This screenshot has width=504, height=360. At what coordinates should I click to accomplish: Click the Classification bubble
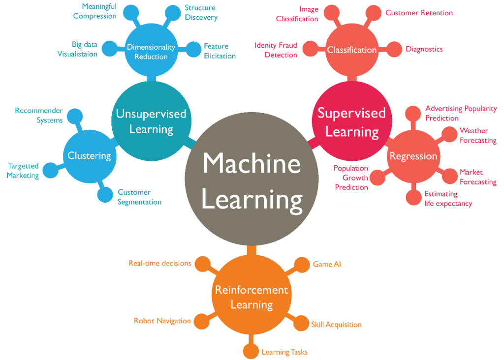click(351, 50)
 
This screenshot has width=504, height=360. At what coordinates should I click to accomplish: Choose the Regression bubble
click(413, 156)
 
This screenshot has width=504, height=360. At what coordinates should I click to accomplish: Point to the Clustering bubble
click(89, 156)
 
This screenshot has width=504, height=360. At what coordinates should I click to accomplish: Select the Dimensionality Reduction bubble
click(151, 51)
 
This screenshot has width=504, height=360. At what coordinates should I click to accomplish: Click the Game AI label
click(327, 264)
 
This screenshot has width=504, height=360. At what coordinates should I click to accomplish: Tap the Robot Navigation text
click(162, 321)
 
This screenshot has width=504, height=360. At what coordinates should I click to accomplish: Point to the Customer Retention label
click(419, 13)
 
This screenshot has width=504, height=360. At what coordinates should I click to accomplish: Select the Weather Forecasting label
click(477, 135)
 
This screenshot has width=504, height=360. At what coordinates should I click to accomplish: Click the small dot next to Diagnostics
click(394, 49)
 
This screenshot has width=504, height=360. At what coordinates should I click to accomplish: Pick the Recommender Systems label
click(39, 115)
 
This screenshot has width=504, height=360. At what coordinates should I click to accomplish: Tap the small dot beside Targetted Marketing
click(50, 171)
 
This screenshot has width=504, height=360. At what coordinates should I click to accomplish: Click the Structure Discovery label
click(201, 13)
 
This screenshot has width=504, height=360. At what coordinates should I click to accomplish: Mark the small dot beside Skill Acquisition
click(300, 324)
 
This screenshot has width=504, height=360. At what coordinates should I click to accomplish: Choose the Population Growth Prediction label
click(351, 178)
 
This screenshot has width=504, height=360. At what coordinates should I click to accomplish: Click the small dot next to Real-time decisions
click(202, 264)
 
